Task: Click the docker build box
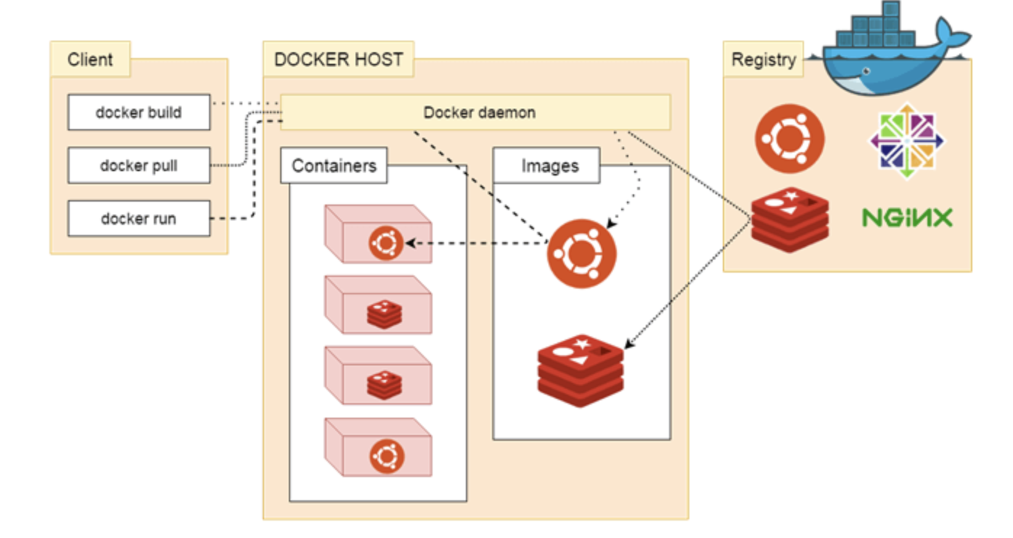(x=139, y=112)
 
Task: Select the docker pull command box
(x=139, y=165)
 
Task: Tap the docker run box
(x=139, y=218)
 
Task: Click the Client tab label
(x=90, y=59)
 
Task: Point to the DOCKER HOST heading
(x=338, y=59)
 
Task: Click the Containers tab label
(x=334, y=165)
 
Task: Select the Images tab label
(x=549, y=166)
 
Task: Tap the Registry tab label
(x=763, y=60)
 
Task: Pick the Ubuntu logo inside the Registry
(x=790, y=138)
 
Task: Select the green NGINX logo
(x=906, y=217)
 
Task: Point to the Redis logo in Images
(x=581, y=370)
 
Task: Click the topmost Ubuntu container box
(x=378, y=234)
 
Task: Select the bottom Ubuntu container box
(x=378, y=447)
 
